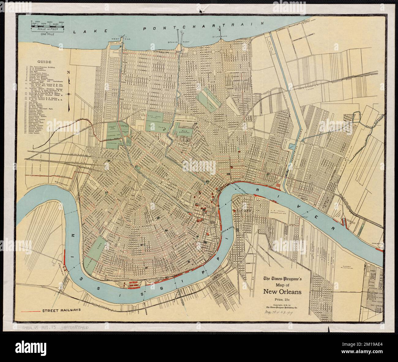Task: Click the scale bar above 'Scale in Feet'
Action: point(47,27)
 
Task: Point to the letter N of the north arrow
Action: point(69,73)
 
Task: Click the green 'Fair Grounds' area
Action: point(183,131)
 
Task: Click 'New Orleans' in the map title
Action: point(282,292)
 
